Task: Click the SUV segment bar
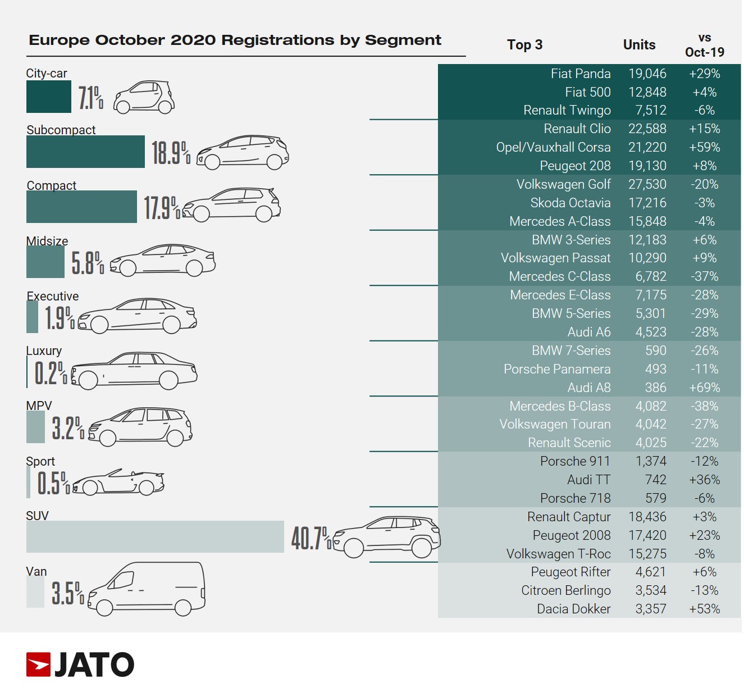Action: tap(155, 536)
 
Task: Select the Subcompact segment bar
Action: tap(85, 152)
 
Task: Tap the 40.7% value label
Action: tap(311, 538)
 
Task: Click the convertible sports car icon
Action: tap(118, 482)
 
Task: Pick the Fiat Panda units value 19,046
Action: tap(647, 74)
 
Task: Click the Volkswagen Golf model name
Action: tap(563, 184)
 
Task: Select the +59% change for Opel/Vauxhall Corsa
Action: tap(704, 147)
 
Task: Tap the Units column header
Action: tap(639, 45)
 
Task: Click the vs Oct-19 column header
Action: tap(704, 45)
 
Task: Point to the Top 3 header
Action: tap(524, 45)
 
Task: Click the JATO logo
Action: tap(80, 664)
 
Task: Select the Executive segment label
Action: tap(53, 296)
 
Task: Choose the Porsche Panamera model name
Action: tap(557, 369)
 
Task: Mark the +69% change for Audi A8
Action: tap(704, 388)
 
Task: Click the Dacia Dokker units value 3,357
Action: tap(650, 609)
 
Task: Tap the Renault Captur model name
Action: tap(569, 517)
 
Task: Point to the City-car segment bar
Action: tap(49, 97)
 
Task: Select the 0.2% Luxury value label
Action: tap(51, 373)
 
